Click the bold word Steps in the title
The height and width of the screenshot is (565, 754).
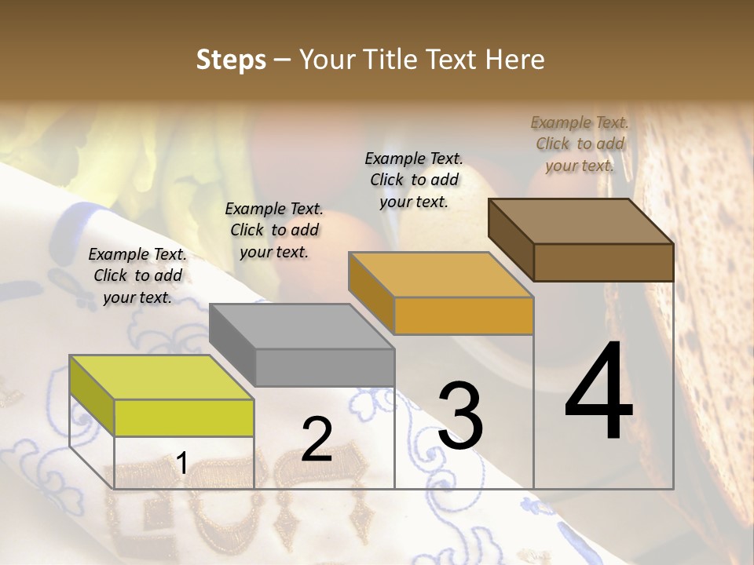(231, 60)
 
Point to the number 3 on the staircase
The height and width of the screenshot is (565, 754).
(460, 415)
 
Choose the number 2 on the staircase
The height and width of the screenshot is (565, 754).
(317, 439)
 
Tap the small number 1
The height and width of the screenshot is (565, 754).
(181, 464)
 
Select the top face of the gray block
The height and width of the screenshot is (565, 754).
(301, 326)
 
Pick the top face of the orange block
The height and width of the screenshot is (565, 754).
(441, 275)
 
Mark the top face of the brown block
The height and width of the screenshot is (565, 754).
(580, 221)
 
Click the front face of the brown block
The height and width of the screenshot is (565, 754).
(603, 262)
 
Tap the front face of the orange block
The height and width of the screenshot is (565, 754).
(463, 316)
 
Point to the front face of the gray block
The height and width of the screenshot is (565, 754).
(324, 367)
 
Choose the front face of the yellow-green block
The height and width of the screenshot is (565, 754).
(184, 417)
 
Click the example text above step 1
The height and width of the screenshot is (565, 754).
(137, 275)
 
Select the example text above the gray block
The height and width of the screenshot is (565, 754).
(274, 230)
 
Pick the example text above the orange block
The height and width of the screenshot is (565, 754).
(414, 180)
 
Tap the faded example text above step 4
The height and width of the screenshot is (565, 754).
(580, 144)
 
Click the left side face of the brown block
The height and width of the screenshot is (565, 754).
(511, 239)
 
